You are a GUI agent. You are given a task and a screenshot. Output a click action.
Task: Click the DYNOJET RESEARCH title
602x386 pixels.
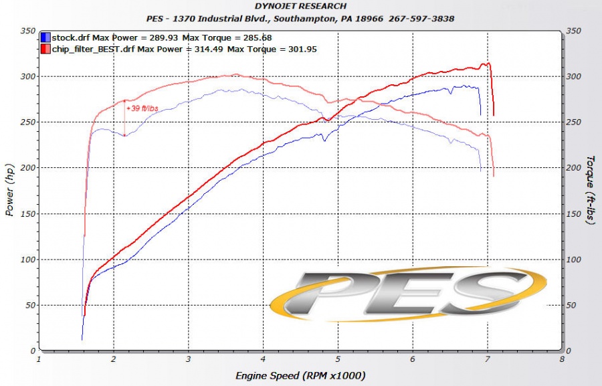pyautogui.click(x=300, y=7)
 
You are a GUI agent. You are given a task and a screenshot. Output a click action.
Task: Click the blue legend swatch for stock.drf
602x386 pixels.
pyautogui.click(x=45, y=38)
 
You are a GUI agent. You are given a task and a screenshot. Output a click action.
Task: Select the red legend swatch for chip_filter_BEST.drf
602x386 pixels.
pyautogui.click(x=45, y=49)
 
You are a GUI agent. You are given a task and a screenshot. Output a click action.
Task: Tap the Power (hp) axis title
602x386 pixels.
pyautogui.click(x=9, y=191)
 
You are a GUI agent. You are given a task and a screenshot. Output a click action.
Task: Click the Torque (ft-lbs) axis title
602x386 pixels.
pyautogui.click(x=590, y=191)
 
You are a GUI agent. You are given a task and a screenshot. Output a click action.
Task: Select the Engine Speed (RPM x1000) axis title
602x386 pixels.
pyautogui.click(x=300, y=376)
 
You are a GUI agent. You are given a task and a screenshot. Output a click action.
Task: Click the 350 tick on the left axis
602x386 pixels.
pyautogui.click(x=27, y=31)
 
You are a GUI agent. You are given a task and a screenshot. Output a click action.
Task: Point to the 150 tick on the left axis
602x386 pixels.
pyautogui.click(x=27, y=214)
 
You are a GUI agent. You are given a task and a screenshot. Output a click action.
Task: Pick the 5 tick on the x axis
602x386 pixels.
pyautogui.click(x=338, y=359)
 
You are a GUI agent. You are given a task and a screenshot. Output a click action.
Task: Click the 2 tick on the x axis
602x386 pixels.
pyautogui.click(x=114, y=359)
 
